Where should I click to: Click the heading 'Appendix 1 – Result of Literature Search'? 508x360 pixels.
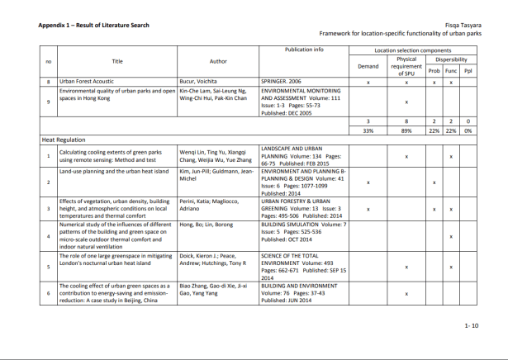93,25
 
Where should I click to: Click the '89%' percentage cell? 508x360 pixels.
406,130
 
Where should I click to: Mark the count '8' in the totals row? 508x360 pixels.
406,121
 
